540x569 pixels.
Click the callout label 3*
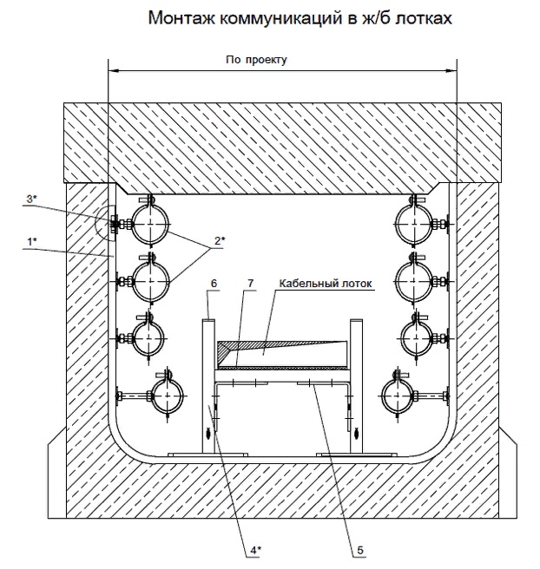32,199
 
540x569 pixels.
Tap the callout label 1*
32,241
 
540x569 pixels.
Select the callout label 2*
220,240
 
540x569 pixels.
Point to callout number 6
214,283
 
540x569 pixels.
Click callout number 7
251,283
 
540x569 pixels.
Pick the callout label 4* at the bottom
255,551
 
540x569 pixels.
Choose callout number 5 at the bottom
360,551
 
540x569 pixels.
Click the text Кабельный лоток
326,283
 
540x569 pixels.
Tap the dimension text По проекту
256,60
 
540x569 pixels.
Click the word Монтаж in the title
181,17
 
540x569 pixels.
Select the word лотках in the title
424,17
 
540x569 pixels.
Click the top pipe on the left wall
150,225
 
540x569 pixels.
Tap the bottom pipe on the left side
168,395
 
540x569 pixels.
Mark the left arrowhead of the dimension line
114,71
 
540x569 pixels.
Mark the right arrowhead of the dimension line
451,71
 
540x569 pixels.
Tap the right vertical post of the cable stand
356,386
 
